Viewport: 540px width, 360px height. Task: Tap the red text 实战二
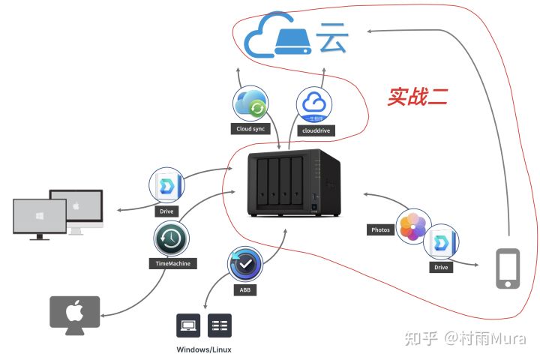click(x=418, y=96)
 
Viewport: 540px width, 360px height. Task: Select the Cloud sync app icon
click(x=250, y=104)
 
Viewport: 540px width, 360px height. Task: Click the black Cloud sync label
click(x=250, y=129)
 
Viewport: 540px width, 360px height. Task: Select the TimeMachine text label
click(x=172, y=264)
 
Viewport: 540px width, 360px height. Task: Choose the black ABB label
click(x=245, y=290)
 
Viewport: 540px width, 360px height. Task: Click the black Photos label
click(x=380, y=229)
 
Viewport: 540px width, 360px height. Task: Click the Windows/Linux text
click(x=204, y=349)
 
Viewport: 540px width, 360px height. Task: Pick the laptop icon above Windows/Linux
click(x=187, y=325)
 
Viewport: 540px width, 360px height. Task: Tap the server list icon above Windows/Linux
click(x=220, y=325)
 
